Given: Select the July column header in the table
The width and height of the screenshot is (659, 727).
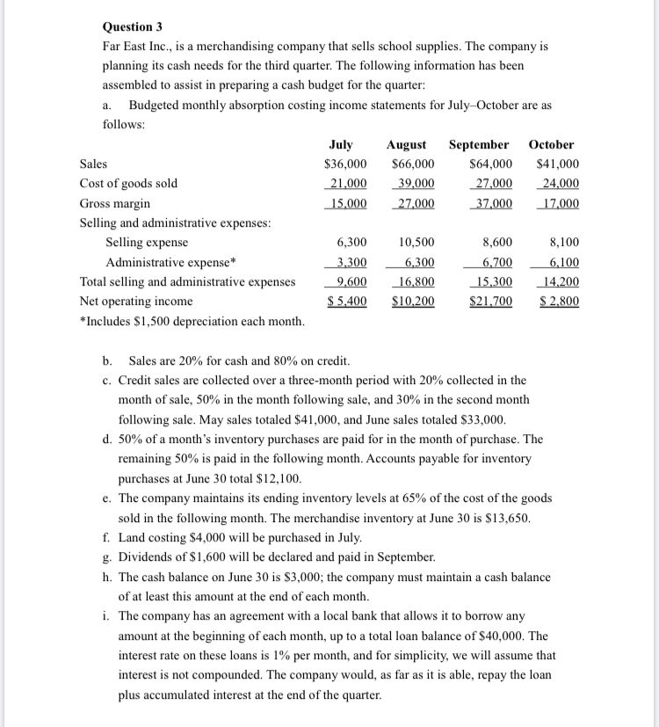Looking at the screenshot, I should click(341, 144).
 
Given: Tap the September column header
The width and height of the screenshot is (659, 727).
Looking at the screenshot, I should click(479, 144).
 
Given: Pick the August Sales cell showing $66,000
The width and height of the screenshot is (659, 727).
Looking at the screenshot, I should click(412, 164).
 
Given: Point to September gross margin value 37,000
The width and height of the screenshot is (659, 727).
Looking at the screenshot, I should click(491, 203).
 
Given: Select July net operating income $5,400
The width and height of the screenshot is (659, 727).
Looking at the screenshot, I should click(347, 301).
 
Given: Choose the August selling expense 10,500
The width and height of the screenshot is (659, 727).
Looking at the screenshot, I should click(416, 243).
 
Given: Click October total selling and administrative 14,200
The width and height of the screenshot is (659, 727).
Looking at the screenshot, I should click(559, 281).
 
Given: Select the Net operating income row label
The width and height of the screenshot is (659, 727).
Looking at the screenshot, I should click(135, 301).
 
